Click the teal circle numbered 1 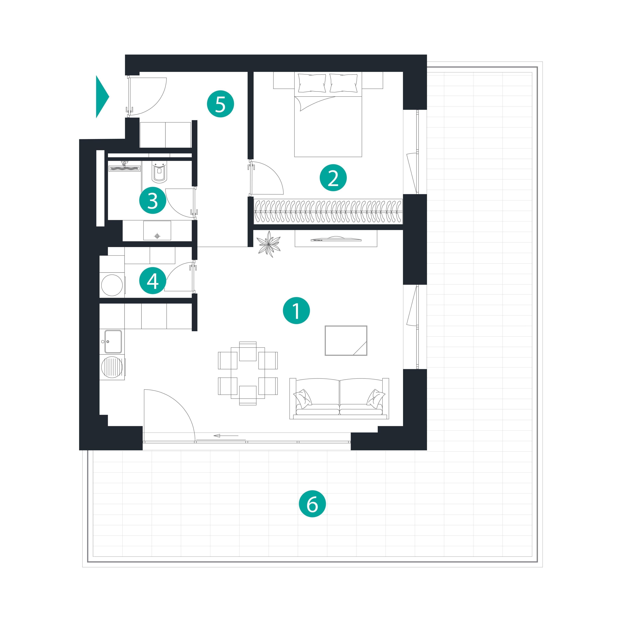(x=296, y=311)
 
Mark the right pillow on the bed (x=344, y=83)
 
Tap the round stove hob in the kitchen (x=112, y=367)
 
